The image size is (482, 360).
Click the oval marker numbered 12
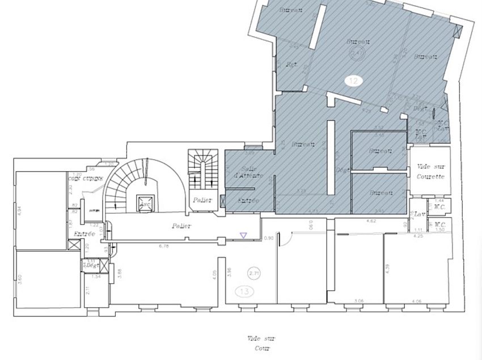(353, 81)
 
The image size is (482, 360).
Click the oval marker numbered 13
(246, 291)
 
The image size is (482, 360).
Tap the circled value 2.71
(253, 273)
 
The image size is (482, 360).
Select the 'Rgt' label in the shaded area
(292, 64)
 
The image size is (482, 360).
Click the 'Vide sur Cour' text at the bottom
(261, 344)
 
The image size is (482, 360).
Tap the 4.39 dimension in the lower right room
(388, 269)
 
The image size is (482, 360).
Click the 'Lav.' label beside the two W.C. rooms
(420, 215)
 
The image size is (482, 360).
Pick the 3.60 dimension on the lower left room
(19, 279)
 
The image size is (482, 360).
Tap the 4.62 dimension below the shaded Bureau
(372, 220)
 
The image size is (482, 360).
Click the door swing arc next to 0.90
(287, 241)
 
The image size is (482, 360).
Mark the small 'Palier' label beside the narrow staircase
(202, 200)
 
